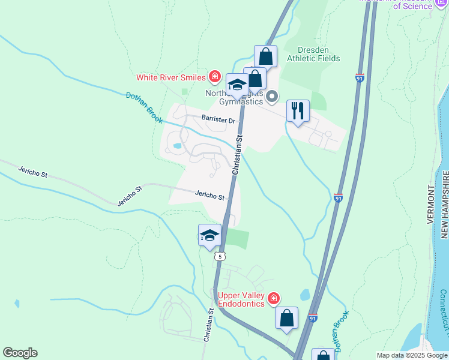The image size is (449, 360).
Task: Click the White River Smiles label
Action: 171,77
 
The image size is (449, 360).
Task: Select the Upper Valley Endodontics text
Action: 241,299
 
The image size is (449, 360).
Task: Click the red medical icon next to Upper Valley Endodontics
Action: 274,298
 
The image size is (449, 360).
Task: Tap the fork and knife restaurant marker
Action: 298,111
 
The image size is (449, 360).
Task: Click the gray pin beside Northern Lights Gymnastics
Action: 273,96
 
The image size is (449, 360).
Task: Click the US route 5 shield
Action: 221,256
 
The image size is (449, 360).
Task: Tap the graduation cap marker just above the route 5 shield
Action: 209,235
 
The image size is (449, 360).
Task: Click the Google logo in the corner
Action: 20,353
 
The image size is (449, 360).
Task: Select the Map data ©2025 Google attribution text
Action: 412,355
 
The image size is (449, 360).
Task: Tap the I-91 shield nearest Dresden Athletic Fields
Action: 360,78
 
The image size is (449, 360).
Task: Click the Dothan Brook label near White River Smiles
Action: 144,107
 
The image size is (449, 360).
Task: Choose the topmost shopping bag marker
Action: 265,57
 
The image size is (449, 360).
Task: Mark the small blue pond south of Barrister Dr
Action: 177,145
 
